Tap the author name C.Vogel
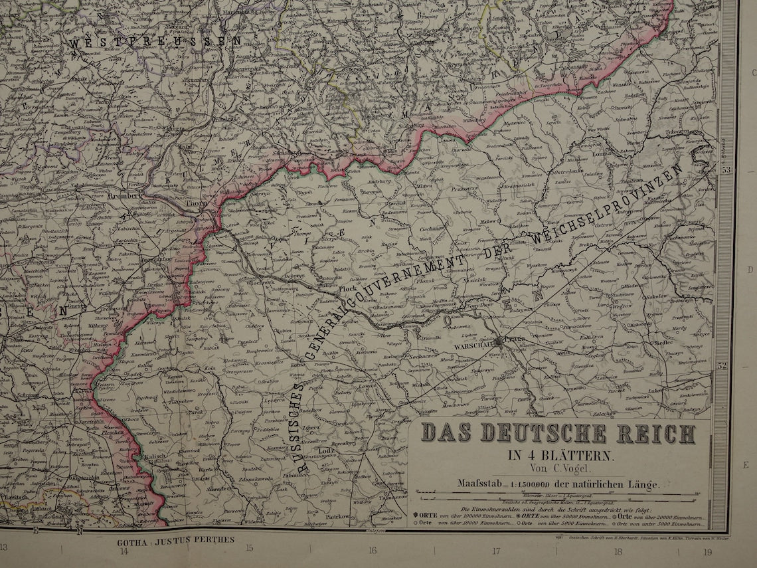[x=570, y=470]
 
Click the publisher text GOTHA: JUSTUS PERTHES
[x=175, y=540]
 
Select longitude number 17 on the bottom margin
[x=496, y=550]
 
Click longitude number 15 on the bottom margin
[x=249, y=548]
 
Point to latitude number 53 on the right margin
[x=725, y=170]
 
